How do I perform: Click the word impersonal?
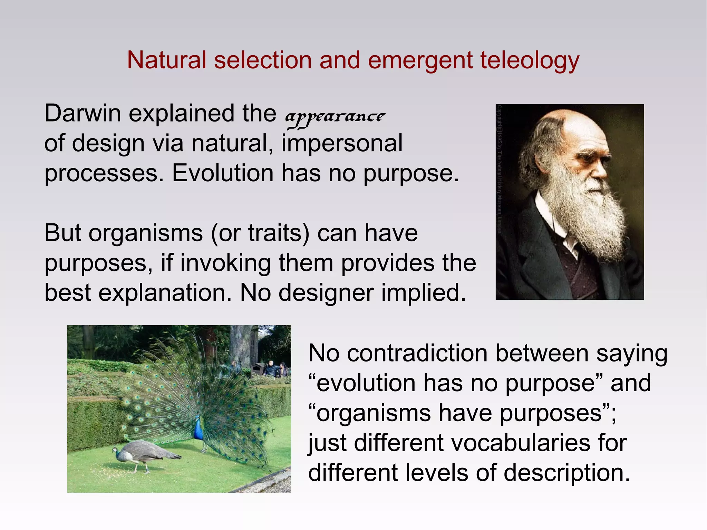pyautogui.click(x=342, y=143)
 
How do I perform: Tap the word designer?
pyautogui.click(x=326, y=293)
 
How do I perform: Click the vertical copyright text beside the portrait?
pyautogui.click(x=500, y=166)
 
